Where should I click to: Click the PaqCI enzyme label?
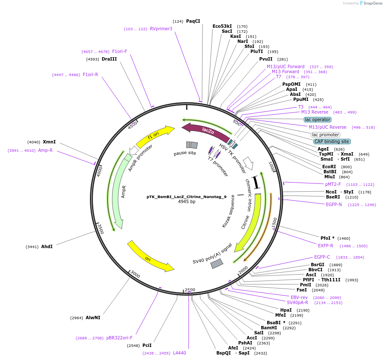193,21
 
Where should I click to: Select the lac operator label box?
318,119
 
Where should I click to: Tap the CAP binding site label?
331,141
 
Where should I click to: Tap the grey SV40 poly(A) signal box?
217,264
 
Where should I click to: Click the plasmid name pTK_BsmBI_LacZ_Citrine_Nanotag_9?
187,196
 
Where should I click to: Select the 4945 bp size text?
187,202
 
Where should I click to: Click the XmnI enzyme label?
49,142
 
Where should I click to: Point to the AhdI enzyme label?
47,246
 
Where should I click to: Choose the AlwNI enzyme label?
93,318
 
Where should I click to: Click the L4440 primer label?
179,353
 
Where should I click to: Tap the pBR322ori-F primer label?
119,338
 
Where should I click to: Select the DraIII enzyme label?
109,59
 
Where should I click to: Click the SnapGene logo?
369,3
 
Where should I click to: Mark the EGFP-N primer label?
334,204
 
